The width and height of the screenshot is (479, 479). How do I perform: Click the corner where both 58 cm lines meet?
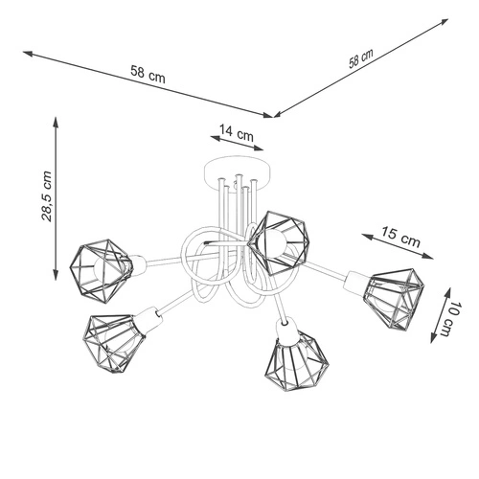coord(276,117)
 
